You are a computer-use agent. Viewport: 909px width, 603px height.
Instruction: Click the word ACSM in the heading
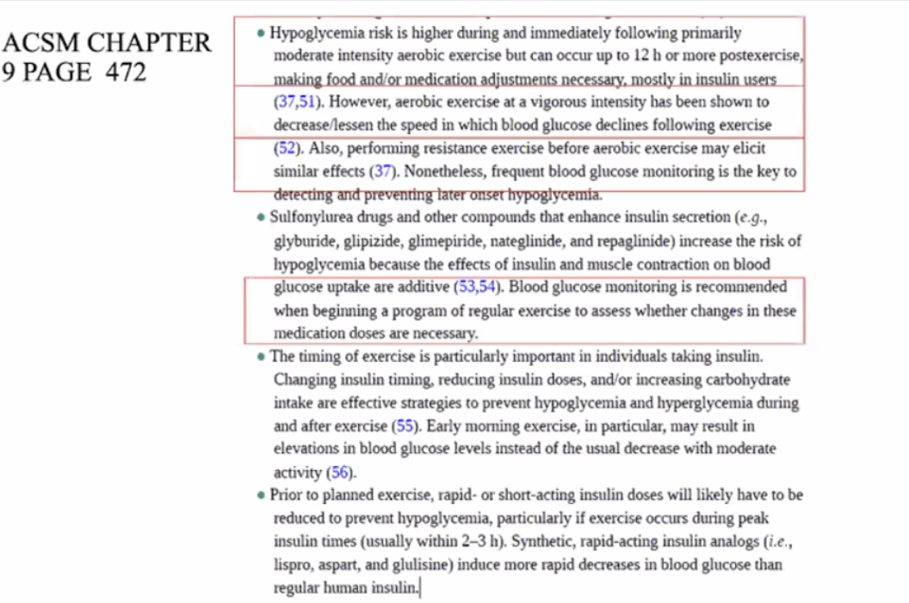tap(41, 42)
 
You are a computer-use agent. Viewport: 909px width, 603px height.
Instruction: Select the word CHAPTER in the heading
tap(149, 42)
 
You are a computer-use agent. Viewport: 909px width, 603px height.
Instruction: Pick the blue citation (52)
tap(288, 148)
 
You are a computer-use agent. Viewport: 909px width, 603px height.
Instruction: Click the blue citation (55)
tap(404, 426)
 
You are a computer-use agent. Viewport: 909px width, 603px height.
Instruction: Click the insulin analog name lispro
tap(293, 565)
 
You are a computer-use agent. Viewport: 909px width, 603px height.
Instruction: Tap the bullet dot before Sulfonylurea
tap(261, 217)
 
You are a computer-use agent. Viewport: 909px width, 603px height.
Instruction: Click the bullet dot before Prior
tap(261, 495)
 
